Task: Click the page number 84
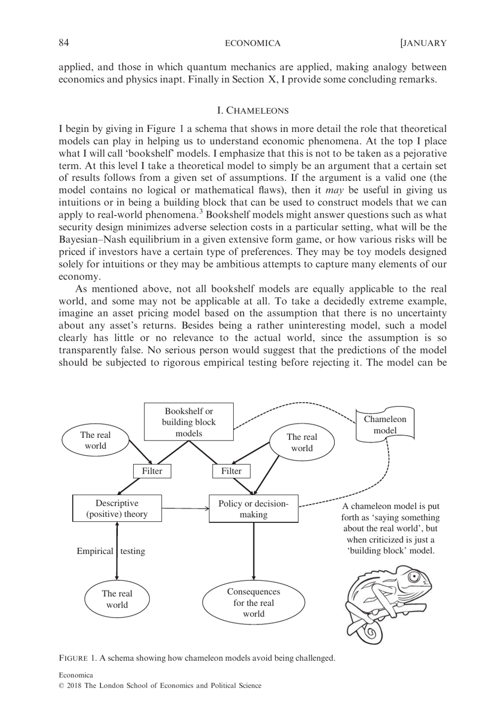tap(64, 43)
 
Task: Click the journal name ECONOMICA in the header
tap(253, 43)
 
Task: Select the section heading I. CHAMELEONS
tap(253, 110)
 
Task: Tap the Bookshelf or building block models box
tap(188, 422)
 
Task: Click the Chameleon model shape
tap(385, 425)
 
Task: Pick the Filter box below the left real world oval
tap(152, 471)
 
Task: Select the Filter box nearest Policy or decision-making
tap(231, 471)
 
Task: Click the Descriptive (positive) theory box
tap(117, 509)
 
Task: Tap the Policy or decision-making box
tap(253, 509)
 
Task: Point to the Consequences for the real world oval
tap(253, 602)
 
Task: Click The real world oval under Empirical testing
tap(117, 599)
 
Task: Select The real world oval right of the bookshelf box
tap(302, 443)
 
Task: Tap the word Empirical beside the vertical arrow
tap(95, 551)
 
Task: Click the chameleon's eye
tap(413, 578)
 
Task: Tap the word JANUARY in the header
tap(425, 43)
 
